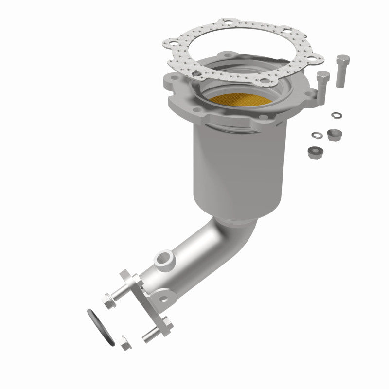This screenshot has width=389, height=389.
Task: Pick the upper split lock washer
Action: click(336, 115)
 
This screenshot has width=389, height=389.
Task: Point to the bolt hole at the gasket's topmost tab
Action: click(227, 22)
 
